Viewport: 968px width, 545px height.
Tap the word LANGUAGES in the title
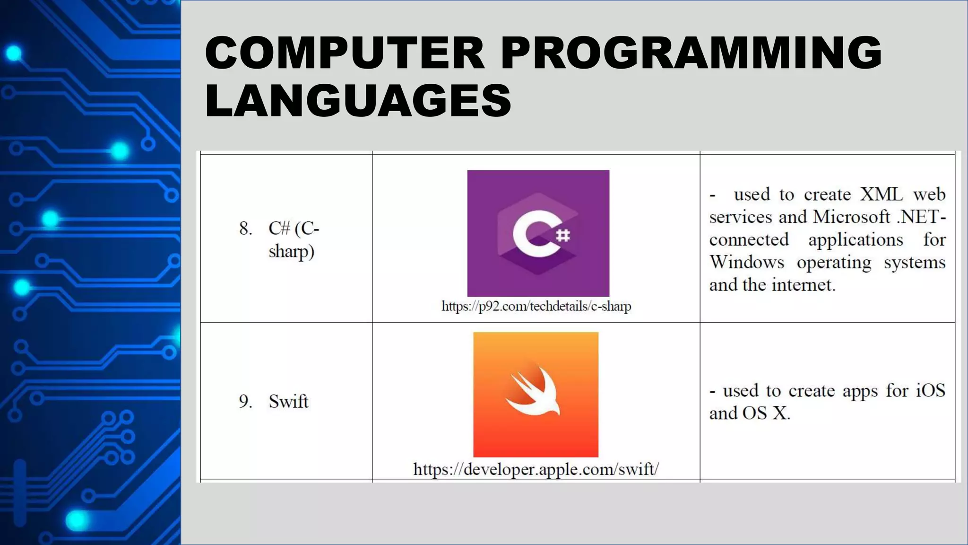click(358, 100)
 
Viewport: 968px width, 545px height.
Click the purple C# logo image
click(538, 233)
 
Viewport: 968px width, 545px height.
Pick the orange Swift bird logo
click(536, 394)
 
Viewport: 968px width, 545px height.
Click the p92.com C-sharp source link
click(536, 306)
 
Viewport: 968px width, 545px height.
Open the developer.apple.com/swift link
click(536, 469)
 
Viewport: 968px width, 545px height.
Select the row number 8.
click(245, 229)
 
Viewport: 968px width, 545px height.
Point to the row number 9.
click(245, 402)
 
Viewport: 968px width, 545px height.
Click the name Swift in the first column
click(288, 402)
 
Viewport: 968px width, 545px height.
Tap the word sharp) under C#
click(291, 251)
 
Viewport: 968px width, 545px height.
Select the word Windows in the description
click(747, 262)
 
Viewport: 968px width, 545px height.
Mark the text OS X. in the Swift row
click(766, 413)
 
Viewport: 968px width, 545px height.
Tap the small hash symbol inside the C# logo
click(562, 235)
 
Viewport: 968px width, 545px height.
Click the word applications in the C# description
click(856, 240)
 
